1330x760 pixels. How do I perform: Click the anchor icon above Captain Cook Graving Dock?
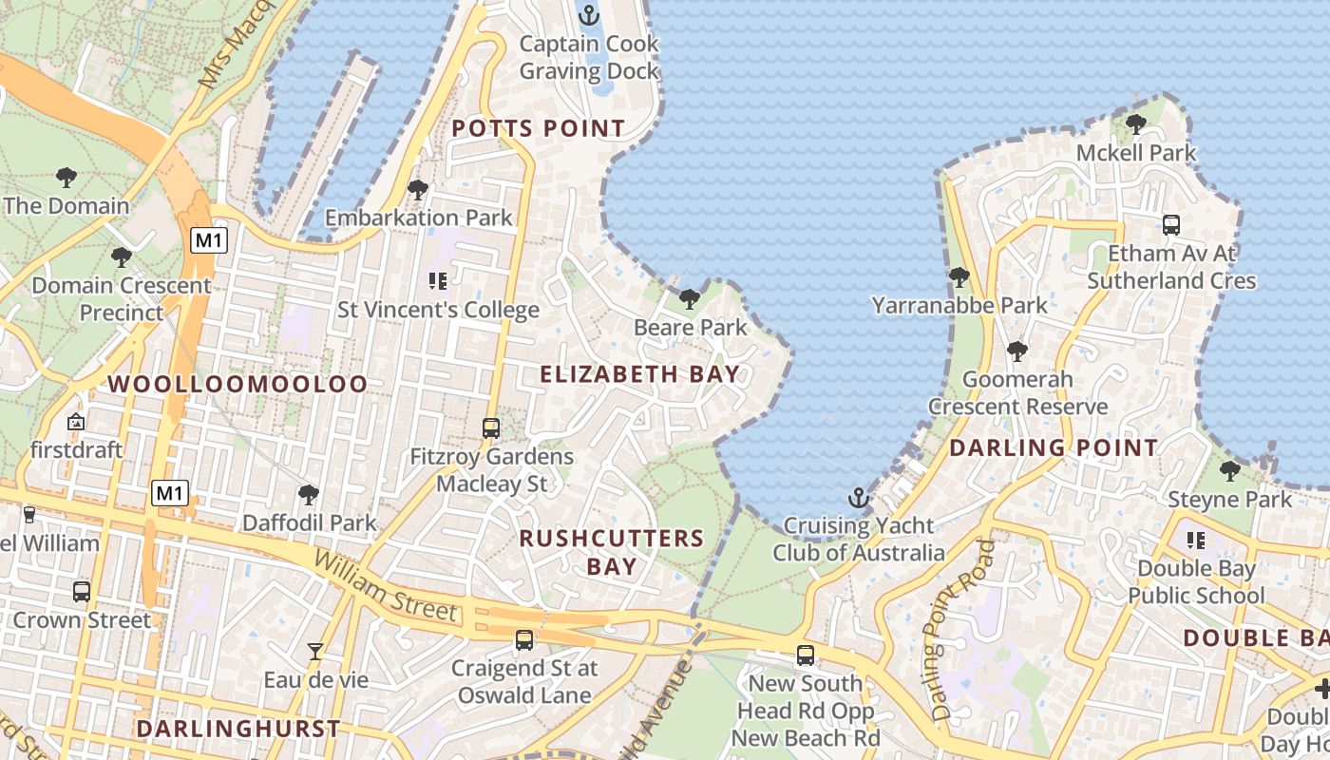click(x=589, y=15)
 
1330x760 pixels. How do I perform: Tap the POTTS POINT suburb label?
click(x=538, y=128)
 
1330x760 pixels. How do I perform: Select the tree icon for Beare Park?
click(x=690, y=299)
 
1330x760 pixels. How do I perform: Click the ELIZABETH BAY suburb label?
click(x=639, y=374)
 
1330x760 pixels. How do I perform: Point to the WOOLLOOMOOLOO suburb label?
click(x=237, y=384)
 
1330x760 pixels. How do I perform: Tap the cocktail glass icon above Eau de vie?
click(x=315, y=652)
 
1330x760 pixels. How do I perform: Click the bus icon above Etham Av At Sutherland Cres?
click(x=1171, y=225)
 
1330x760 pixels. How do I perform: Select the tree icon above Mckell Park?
click(x=1135, y=124)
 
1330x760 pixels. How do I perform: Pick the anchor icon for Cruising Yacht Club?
click(x=858, y=498)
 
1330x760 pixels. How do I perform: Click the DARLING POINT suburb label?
click(x=1054, y=447)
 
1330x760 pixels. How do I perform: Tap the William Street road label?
click(x=386, y=586)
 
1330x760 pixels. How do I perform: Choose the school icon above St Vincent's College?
click(x=438, y=280)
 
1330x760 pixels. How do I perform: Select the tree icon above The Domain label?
click(x=66, y=177)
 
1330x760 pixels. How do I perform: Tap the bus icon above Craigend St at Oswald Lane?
click(x=524, y=639)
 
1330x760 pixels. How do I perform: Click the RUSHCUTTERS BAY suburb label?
click(x=612, y=552)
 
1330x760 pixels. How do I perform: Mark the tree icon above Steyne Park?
click(x=1230, y=470)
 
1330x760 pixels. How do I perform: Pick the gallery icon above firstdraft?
click(x=76, y=421)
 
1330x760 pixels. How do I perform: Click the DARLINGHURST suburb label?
click(x=237, y=729)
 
